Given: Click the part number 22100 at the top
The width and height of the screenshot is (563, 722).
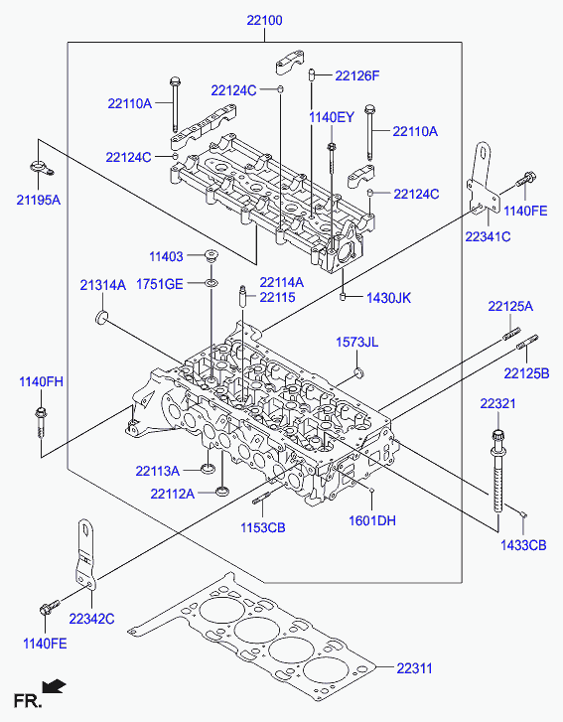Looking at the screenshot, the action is [x=264, y=21].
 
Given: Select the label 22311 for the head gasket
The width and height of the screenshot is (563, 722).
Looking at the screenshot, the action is [x=414, y=668].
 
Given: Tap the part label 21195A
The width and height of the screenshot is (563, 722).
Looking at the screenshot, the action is [x=39, y=201].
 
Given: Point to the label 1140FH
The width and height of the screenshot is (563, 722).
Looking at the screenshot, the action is [x=41, y=381].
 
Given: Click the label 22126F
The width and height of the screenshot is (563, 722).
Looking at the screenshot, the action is [x=356, y=75].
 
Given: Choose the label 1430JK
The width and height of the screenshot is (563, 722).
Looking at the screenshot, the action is [x=388, y=298].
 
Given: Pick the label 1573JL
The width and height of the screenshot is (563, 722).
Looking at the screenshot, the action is [x=356, y=342].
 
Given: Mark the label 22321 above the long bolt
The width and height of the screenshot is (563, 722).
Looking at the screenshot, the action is [x=497, y=404].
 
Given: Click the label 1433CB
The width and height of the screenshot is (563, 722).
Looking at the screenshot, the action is [x=523, y=545].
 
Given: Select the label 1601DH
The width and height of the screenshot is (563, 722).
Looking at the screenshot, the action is [x=372, y=520].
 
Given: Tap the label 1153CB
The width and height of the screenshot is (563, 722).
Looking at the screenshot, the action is [x=262, y=527].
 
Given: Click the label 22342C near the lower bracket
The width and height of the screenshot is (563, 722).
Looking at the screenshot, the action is [x=91, y=619].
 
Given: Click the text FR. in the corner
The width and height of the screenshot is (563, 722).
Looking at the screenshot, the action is [x=28, y=701].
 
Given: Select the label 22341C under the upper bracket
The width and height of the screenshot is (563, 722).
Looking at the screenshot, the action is [x=488, y=236].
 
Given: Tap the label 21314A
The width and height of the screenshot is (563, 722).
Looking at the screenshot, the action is [x=102, y=285].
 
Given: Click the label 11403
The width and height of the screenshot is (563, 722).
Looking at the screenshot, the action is [x=166, y=256].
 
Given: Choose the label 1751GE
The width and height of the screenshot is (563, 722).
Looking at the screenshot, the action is [x=159, y=284].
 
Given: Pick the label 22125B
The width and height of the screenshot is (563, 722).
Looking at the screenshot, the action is [x=526, y=373].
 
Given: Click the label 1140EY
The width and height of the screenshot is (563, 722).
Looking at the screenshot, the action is [x=332, y=117].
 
